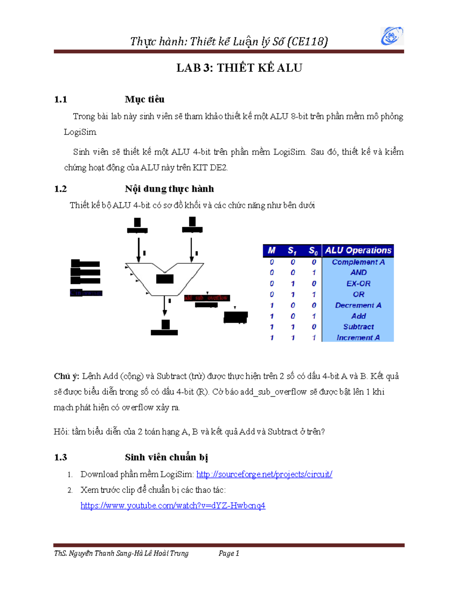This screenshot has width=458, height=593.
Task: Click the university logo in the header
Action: [x=392, y=36]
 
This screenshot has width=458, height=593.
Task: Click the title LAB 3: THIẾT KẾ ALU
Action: [x=239, y=68]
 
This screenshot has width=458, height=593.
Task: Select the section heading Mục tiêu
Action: [x=144, y=99]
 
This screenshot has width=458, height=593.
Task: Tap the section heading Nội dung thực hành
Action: [x=169, y=189]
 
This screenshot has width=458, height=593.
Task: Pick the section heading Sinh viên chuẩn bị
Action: [x=166, y=457]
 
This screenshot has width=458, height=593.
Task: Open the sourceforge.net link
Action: [x=264, y=474]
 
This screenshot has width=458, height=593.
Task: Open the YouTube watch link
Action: [x=173, y=506]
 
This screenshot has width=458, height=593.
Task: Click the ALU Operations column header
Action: [x=358, y=250]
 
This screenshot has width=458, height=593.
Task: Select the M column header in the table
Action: [x=271, y=250]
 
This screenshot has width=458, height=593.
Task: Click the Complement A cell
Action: [x=358, y=262]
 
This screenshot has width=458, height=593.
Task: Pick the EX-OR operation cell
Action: [x=358, y=284]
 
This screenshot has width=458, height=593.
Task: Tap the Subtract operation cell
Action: [x=358, y=327]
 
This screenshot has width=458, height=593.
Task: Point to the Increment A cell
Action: [x=358, y=338]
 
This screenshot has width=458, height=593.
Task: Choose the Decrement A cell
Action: [x=358, y=305]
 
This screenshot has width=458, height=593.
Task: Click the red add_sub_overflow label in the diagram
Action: [x=206, y=298]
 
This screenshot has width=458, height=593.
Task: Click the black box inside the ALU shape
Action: [x=165, y=279]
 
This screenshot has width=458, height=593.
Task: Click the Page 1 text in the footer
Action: [x=229, y=553]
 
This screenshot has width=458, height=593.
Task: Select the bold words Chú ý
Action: [x=66, y=376]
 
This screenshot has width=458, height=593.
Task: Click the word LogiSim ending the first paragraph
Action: [x=80, y=132]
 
